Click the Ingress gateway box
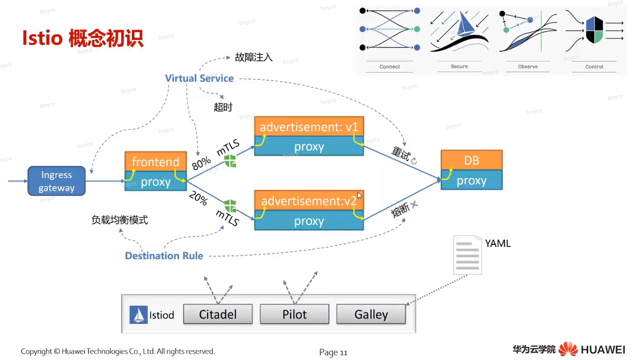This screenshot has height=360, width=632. (56, 181)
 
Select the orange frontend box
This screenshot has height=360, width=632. (155, 161)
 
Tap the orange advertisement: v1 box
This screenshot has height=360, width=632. (309, 126)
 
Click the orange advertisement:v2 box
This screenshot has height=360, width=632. (309, 200)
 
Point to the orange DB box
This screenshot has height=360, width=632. (471, 160)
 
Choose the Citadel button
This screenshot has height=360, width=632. (218, 314)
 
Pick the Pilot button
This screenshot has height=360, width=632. (294, 314)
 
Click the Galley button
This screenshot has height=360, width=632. (371, 314)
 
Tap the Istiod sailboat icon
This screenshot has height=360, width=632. (138, 315)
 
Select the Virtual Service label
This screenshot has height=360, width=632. (199, 78)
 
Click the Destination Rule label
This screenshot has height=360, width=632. (164, 256)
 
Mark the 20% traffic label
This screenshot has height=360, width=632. (198, 198)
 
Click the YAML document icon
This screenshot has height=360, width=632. (467, 255)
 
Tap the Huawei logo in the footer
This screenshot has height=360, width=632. (568, 349)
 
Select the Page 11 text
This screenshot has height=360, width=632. (333, 352)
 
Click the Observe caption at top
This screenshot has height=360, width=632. (528, 67)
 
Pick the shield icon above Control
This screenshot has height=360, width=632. (594, 30)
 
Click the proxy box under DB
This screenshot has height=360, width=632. (471, 180)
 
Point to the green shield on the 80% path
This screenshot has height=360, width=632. (230, 161)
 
